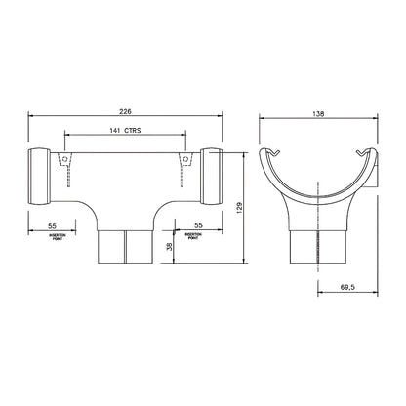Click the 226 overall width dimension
click(125, 110)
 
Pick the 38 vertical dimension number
click(169, 248)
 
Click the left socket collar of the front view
click(41, 177)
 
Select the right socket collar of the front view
click(210, 177)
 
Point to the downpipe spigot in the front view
click(125, 248)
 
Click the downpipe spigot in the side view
click(319, 248)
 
